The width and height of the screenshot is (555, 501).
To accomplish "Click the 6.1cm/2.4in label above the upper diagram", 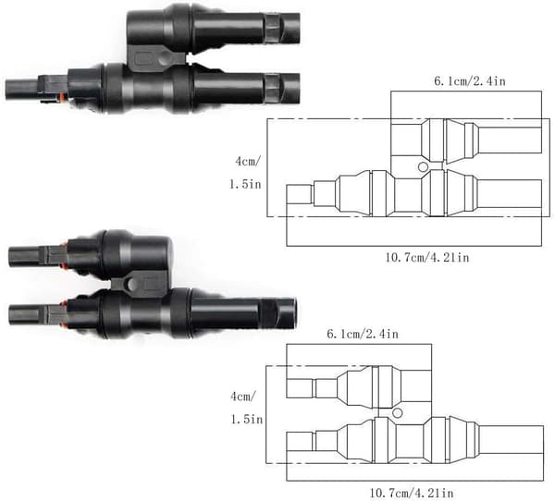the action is pos(470,81).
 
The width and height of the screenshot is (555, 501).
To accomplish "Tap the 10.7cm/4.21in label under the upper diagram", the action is pos(427,257).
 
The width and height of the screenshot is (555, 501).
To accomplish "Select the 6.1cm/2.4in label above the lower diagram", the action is pos(363,334).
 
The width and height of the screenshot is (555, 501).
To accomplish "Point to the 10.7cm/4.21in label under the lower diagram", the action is pos(412,493).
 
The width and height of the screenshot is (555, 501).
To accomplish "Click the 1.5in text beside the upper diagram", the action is pos(245,184).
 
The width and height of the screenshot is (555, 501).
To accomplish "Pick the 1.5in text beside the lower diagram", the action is pos(247,420).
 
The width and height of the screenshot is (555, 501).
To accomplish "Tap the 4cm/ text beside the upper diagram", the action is pos(247,162).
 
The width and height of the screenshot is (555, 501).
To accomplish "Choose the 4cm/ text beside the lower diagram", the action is pos(242,397).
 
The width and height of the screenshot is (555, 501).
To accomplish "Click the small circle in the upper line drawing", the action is pos(423,166).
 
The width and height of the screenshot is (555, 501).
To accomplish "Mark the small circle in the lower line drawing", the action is pos(398,413).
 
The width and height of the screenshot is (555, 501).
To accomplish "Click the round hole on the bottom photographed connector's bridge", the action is pos(132,284).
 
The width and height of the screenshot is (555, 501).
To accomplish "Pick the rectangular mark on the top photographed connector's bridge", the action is pos(142,59).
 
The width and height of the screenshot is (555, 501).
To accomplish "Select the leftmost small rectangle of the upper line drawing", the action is pos(300,194).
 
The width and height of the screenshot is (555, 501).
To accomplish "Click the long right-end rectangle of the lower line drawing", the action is pos(511,440).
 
